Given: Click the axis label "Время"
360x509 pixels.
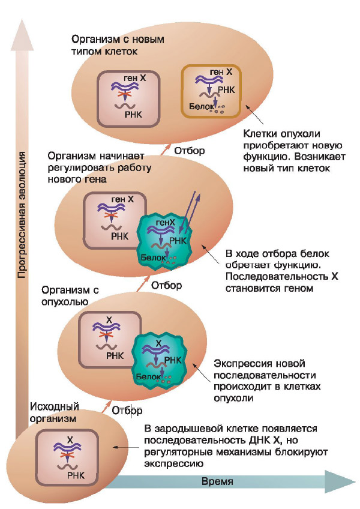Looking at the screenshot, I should tap(217, 482).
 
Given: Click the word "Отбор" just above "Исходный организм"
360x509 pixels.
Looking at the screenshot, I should tap(127, 411).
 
